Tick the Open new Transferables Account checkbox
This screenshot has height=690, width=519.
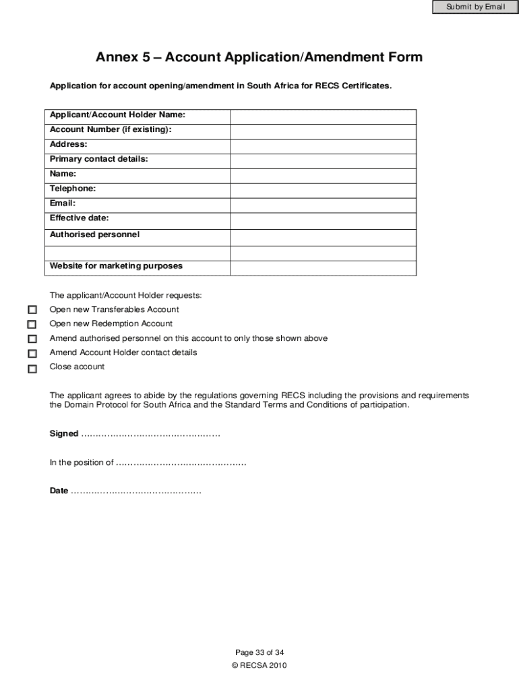pyautogui.click(x=32, y=310)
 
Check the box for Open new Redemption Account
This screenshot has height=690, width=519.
pyautogui.click(x=32, y=324)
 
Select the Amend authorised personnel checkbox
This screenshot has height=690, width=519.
pyautogui.click(x=32, y=339)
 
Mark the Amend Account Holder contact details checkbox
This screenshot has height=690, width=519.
pyautogui.click(x=32, y=353)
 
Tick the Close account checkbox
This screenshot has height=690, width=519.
pyautogui.click(x=32, y=369)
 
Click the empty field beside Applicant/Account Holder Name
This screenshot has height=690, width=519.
pyautogui.click(x=323, y=117)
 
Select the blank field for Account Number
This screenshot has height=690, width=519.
pyautogui.click(x=323, y=131)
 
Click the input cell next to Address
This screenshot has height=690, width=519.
pyautogui.click(x=323, y=146)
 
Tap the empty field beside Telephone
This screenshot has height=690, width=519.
pyautogui.click(x=323, y=191)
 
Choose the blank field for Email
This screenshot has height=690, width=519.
pyautogui.click(x=323, y=206)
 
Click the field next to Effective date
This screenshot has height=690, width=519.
pyautogui.click(x=323, y=221)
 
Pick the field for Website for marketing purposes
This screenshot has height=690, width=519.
pyautogui.click(x=323, y=268)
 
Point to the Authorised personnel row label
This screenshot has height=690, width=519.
pyautogui.click(x=94, y=234)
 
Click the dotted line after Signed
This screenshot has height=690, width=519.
pyautogui.click(x=150, y=434)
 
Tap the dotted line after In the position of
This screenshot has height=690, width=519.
pyautogui.click(x=181, y=463)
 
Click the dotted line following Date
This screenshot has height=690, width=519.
pyautogui.click(x=135, y=491)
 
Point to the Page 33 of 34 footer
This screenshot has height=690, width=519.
pyautogui.click(x=259, y=652)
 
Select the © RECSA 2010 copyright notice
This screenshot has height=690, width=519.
pyautogui.click(x=259, y=665)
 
